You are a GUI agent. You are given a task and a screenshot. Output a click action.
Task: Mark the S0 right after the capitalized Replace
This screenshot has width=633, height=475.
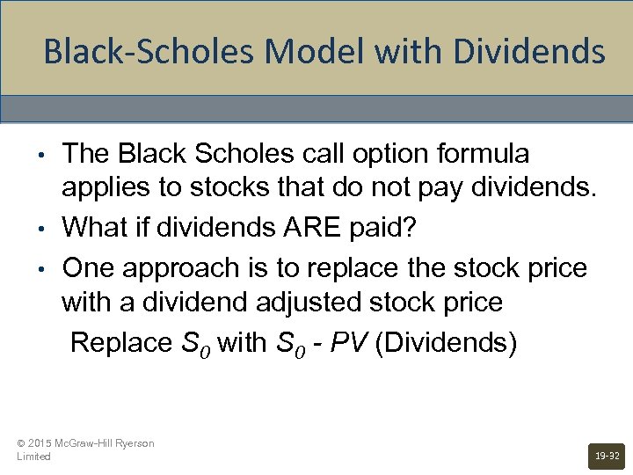pos(195,341)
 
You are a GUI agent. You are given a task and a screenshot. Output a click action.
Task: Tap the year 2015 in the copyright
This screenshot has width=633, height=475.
pos(40,443)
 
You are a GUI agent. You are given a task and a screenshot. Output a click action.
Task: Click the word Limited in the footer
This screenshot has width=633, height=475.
pos(33,457)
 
